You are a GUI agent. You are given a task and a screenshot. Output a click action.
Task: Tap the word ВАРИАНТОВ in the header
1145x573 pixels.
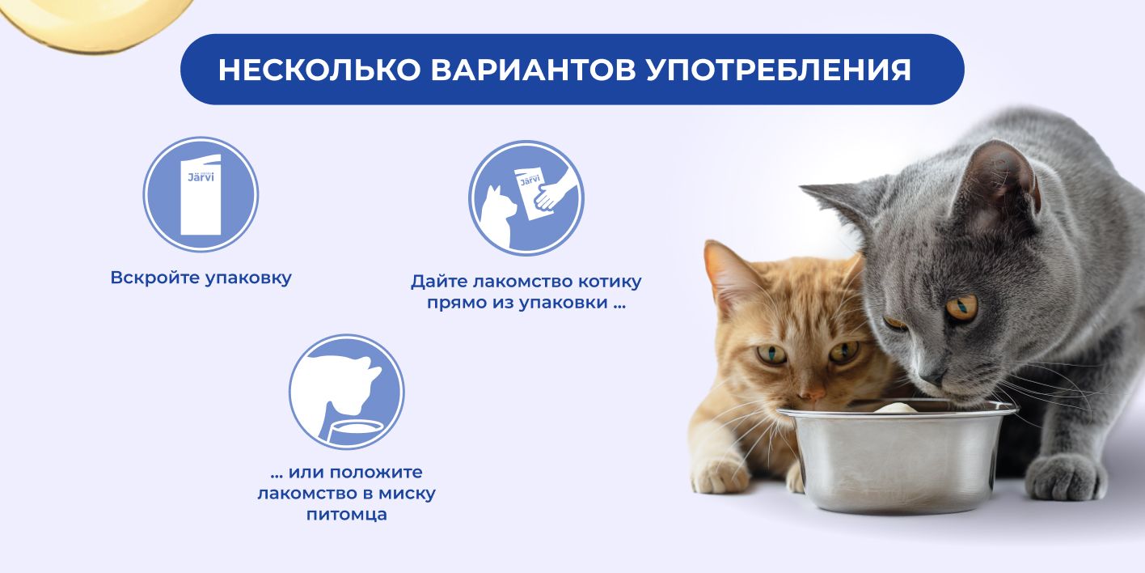pos(533,70)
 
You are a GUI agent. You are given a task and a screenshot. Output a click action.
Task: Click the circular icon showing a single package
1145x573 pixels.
pos(201,194)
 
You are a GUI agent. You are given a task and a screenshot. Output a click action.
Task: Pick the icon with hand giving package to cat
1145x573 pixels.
pos(526,198)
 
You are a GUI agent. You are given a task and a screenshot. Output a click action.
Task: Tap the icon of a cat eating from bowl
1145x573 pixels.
pos(346,393)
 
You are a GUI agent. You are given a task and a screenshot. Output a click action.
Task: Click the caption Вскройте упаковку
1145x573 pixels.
pos(201,278)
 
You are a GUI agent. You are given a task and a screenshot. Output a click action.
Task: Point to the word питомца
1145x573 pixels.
pos(346,514)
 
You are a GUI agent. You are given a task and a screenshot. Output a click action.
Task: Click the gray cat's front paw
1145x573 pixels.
pos(1063,477)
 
